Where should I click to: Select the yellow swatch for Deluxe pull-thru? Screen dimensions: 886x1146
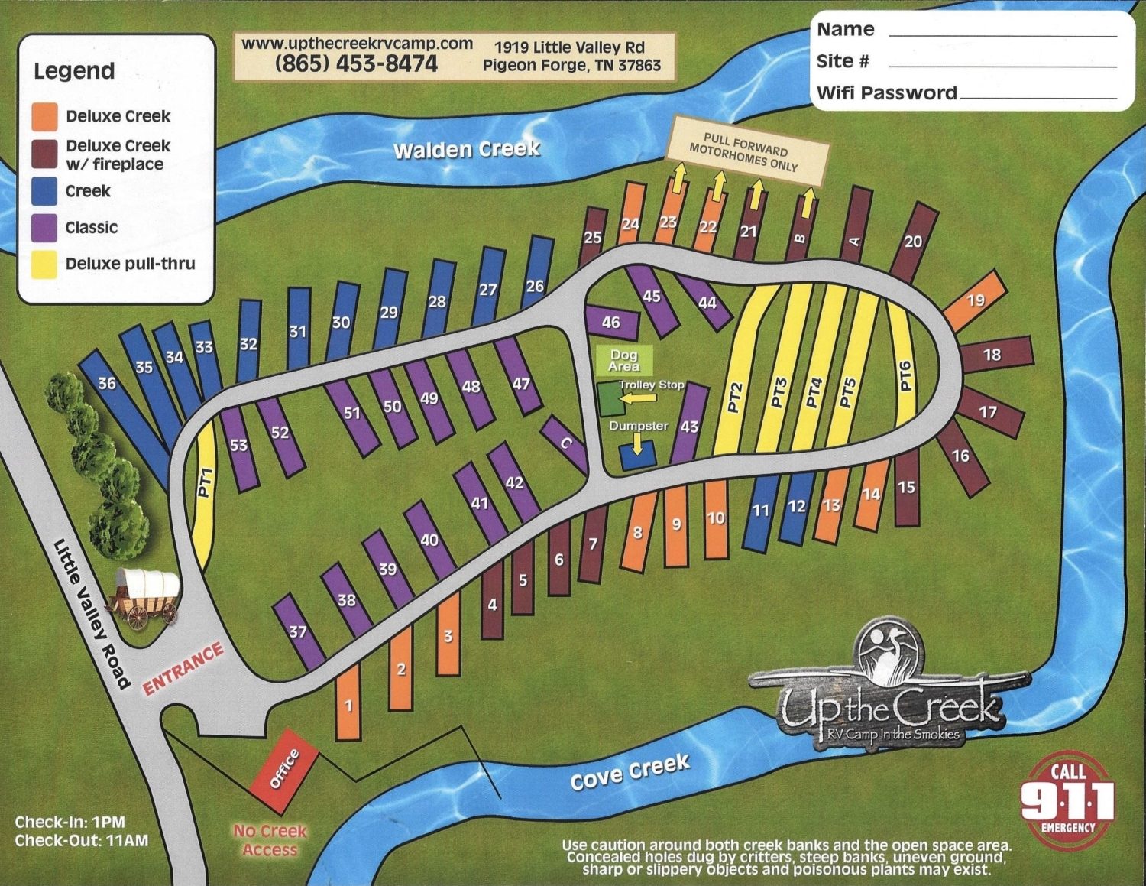point(44,264)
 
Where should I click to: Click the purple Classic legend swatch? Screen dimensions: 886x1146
point(44,227)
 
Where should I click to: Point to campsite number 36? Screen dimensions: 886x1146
point(108,383)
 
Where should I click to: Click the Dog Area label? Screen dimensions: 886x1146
point(624,360)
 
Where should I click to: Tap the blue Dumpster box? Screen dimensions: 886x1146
point(637,456)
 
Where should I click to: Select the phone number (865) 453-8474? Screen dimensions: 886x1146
point(356,63)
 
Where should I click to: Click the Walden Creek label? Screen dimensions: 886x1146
point(467,149)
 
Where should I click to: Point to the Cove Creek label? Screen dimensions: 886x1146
point(630,772)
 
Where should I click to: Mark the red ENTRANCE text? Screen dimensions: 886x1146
point(183,669)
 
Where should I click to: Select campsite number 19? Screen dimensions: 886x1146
point(976,300)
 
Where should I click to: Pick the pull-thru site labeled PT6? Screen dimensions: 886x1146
point(906,375)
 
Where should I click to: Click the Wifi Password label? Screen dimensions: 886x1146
point(886,93)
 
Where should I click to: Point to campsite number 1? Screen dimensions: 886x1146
point(348,704)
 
